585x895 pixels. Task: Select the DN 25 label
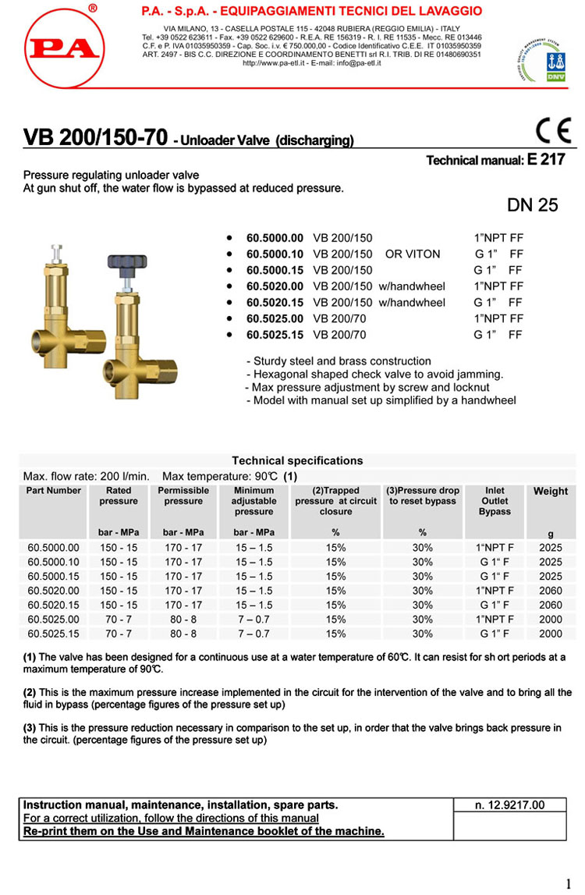pos(533,205)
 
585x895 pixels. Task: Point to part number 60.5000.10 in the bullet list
pos(275,254)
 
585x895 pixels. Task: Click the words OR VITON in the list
pos(413,254)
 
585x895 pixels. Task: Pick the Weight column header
pos(551,491)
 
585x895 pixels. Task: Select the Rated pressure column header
pos(119,495)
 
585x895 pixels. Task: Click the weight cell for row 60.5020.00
pos(550,591)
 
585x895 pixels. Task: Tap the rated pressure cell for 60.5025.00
pos(119,620)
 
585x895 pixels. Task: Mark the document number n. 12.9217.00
pos(509,804)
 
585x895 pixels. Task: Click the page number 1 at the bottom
pos(569,884)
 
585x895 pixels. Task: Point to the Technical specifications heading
pos(297,460)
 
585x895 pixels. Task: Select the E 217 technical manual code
pos(547,160)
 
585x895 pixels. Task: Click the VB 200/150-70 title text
pos(96,138)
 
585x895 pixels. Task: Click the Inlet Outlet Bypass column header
pos(495,501)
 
